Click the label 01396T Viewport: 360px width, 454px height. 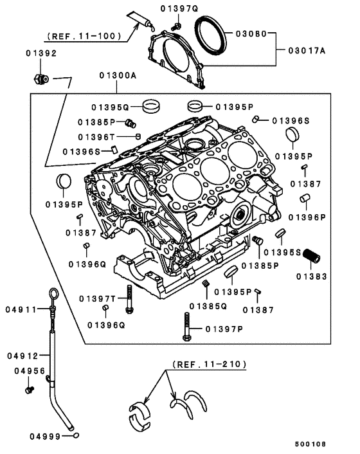pyautogui.click(x=96, y=136)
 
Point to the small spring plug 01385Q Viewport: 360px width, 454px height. pyautogui.click(x=206, y=284)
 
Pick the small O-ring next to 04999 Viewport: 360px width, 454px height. pyautogui.click(x=76, y=435)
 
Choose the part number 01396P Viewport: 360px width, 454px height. pyautogui.click(x=307, y=217)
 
